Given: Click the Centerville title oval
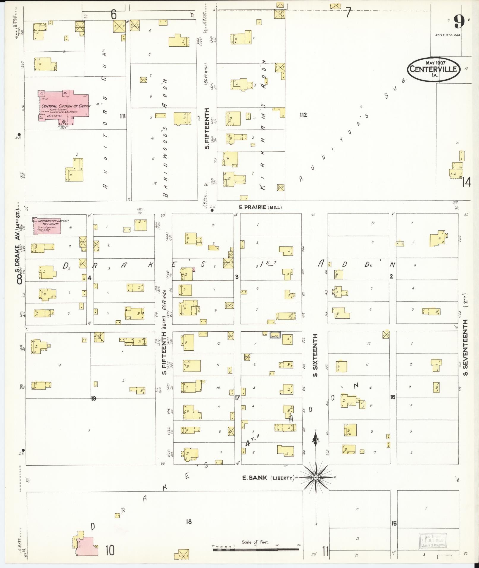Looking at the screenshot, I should pos(433,69).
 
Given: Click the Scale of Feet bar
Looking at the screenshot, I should pos(256,550).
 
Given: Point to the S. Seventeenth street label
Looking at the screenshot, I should pos(466,347).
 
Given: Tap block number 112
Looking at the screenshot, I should pos(303,115).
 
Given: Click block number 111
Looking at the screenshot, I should pos(122,116).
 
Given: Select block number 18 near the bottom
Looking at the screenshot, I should pos(189,522).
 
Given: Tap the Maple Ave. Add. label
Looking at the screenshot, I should pos(444,35).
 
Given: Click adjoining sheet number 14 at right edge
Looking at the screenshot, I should pos(466,182).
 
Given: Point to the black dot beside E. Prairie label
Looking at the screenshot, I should pos(212,210).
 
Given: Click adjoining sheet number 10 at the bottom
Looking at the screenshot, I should pos(110,550).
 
